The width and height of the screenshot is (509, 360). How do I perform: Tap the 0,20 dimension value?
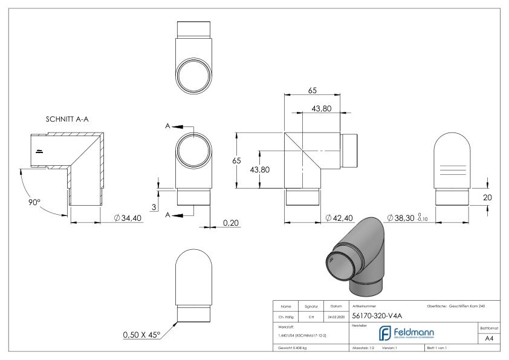[230, 223]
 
